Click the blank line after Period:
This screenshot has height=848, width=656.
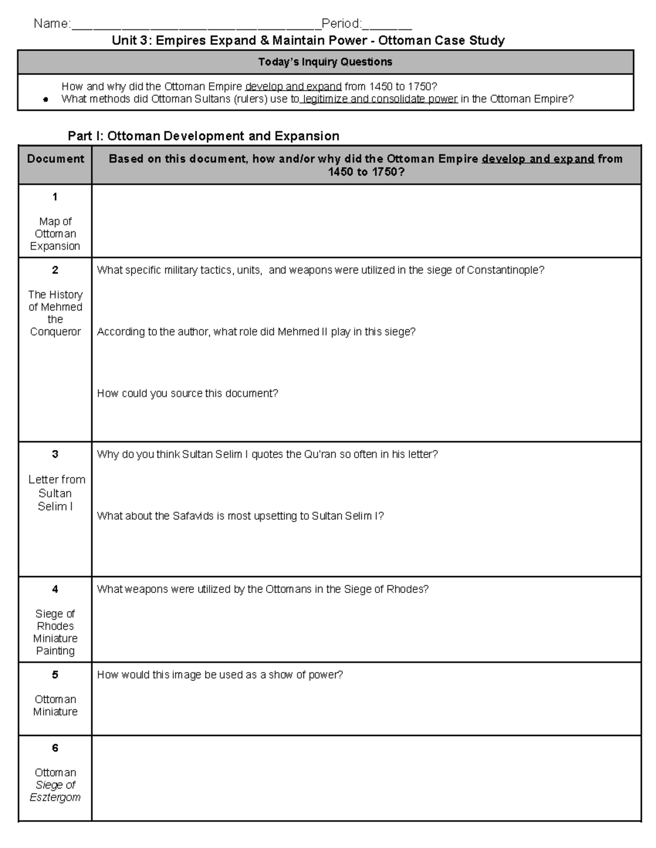point(387,25)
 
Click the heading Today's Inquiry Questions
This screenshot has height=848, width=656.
point(325,62)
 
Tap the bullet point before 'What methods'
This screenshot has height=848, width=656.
point(46,100)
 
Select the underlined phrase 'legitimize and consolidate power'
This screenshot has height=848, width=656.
point(379,99)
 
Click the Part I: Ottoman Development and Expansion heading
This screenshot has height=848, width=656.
point(203,136)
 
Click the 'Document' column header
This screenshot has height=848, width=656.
point(55,159)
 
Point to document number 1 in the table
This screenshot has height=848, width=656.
point(55,197)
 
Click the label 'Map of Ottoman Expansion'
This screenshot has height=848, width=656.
point(55,234)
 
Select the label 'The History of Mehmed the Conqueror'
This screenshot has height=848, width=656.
point(55,313)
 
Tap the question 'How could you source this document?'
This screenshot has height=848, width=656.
point(188,393)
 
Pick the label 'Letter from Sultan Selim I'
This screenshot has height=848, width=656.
point(56,493)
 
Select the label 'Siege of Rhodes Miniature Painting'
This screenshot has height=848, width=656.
point(55,632)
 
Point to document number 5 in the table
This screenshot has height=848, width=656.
point(55,675)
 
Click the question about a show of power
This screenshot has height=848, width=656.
point(220,675)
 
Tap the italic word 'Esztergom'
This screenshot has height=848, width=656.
point(55,797)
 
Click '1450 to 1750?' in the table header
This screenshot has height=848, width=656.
point(366,172)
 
